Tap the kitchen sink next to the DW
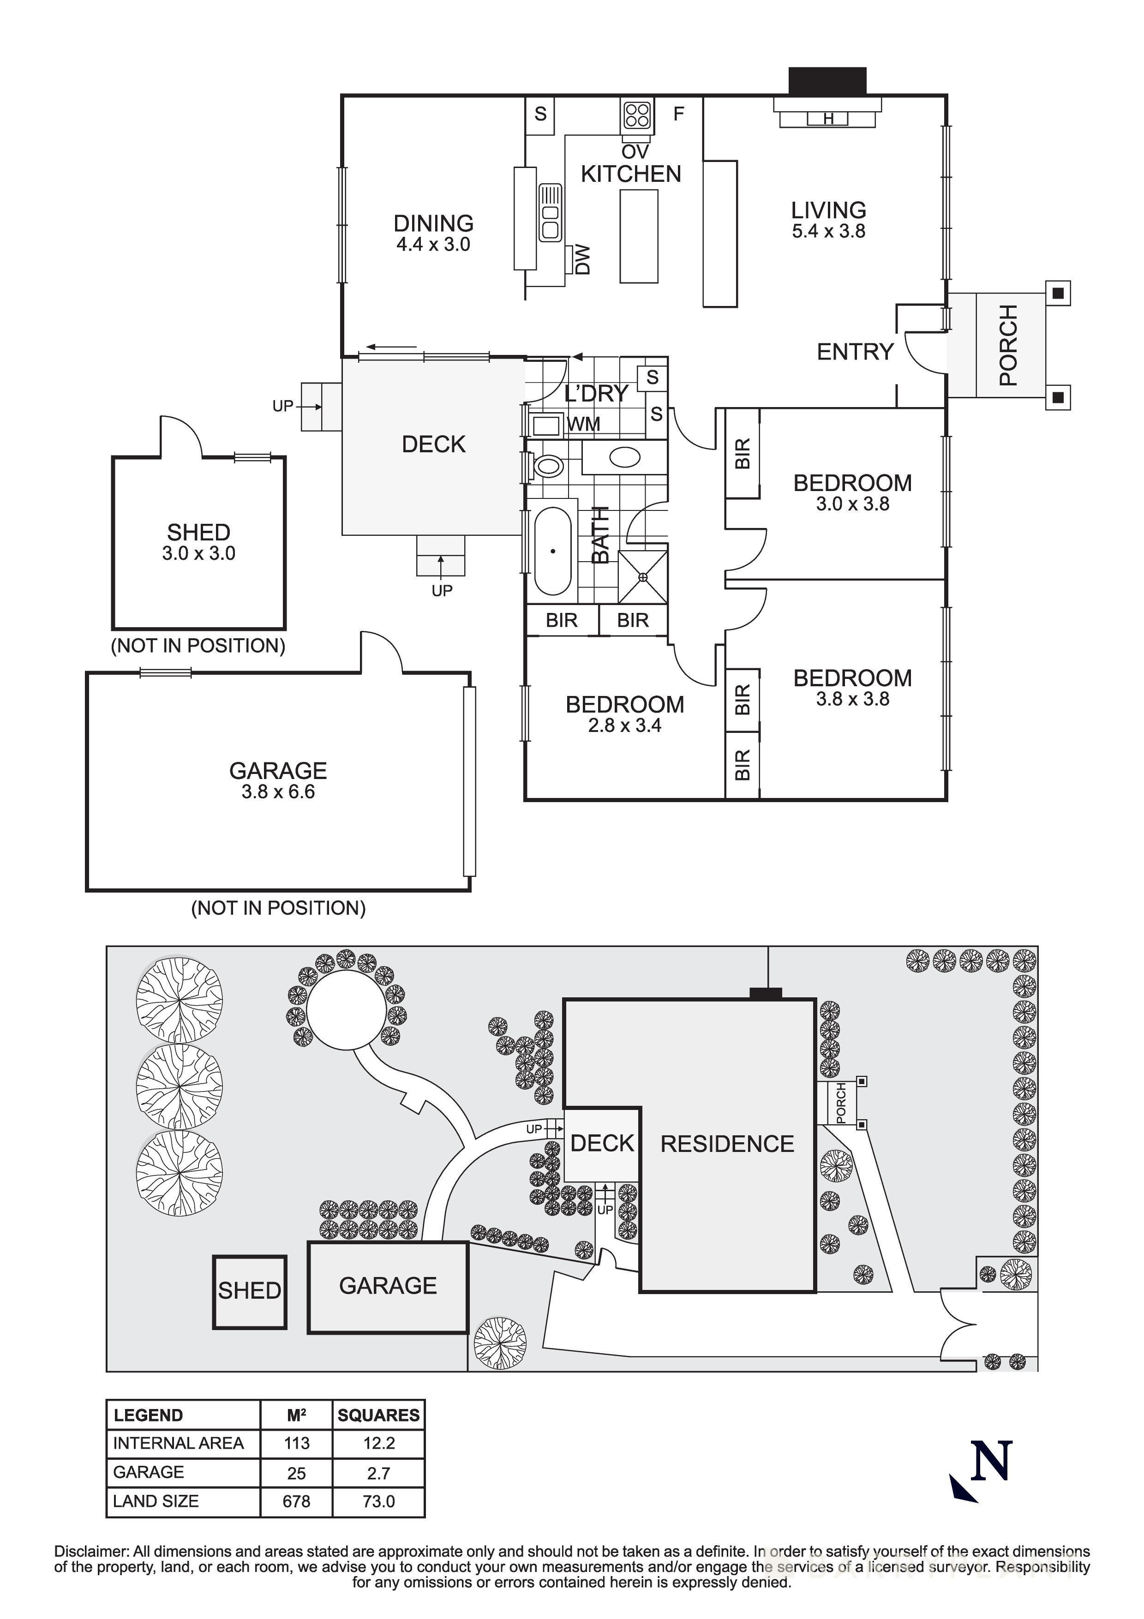(550, 212)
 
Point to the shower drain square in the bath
(643, 577)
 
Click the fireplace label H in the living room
(828, 119)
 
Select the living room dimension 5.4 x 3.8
(828, 231)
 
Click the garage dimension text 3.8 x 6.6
(278, 792)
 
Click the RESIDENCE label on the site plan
(727, 1143)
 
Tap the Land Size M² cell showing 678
(296, 1501)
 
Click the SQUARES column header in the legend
(378, 1415)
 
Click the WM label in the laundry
(584, 424)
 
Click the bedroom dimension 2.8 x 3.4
(624, 726)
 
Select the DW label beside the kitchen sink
(582, 259)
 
